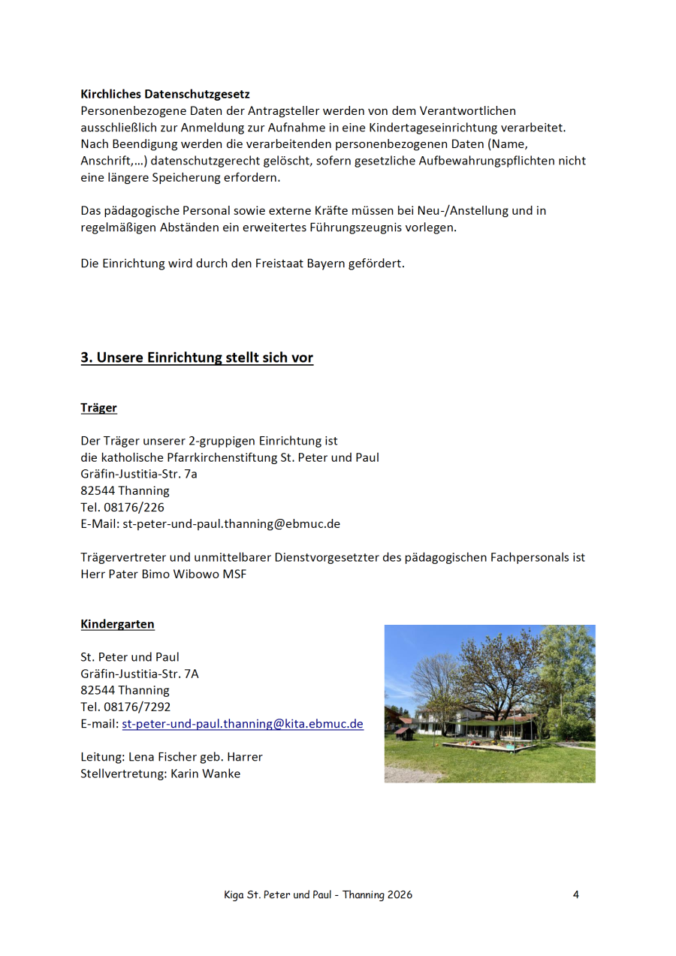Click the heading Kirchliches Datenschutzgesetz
tap(165, 95)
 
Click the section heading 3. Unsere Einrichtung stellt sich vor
tap(197, 357)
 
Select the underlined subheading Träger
tap(98, 408)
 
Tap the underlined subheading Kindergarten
tap(117, 624)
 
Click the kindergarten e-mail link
tap(243, 724)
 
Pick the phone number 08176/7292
tap(137, 707)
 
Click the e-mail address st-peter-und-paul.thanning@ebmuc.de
tap(231, 523)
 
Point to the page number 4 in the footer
tap(575, 894)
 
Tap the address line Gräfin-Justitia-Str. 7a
tap(139, 474)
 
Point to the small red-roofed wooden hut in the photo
tap(404, 731)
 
